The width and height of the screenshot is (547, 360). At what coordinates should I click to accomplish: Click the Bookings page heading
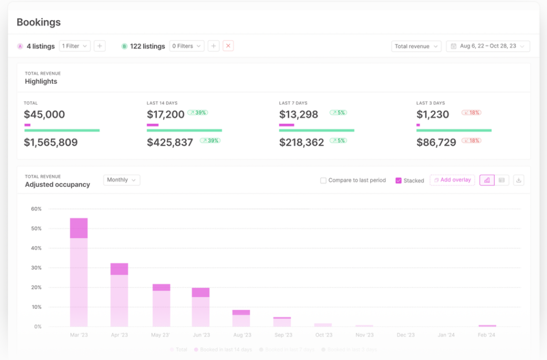tap(38, 22)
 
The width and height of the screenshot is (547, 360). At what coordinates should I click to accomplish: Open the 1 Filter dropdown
tap(75, 46)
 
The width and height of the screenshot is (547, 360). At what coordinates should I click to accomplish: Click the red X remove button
tap(228, 46)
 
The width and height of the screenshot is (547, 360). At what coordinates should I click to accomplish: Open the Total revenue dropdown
tap(416, 46)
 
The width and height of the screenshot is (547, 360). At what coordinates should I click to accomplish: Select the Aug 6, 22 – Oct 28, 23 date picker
tap(488, 46)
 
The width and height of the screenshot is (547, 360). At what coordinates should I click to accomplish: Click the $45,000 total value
tap(44, 114)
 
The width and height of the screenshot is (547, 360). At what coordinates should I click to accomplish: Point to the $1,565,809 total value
tap(51, 143)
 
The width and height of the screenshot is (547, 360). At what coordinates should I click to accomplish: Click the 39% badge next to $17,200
tap(198, 113)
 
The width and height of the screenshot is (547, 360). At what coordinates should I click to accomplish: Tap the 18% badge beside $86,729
tap(471, 140)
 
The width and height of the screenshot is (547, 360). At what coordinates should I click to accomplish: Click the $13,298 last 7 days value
tap(299, 114)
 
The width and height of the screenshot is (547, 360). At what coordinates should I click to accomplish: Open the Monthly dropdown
tap(122, 180)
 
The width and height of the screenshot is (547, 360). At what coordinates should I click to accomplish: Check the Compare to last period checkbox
tap(323, 181)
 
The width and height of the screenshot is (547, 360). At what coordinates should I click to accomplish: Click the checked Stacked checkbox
tap(398, 181)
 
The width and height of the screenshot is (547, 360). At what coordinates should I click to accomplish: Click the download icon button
tap(519, 181)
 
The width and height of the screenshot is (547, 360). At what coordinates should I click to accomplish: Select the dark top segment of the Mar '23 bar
tap(79, 228)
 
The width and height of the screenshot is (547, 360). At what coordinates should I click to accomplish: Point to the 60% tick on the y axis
tap(36, 209)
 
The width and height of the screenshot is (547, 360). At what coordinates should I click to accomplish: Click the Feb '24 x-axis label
tap(487, 335)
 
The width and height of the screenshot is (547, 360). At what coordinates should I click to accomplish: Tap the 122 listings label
tap(147, 46)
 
